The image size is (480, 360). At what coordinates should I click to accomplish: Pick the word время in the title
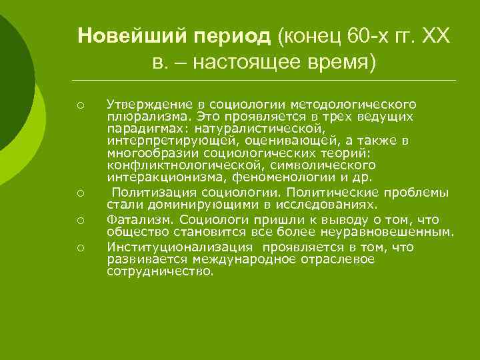tap(338, 63)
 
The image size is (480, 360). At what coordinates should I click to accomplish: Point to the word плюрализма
tap(140, 117)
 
